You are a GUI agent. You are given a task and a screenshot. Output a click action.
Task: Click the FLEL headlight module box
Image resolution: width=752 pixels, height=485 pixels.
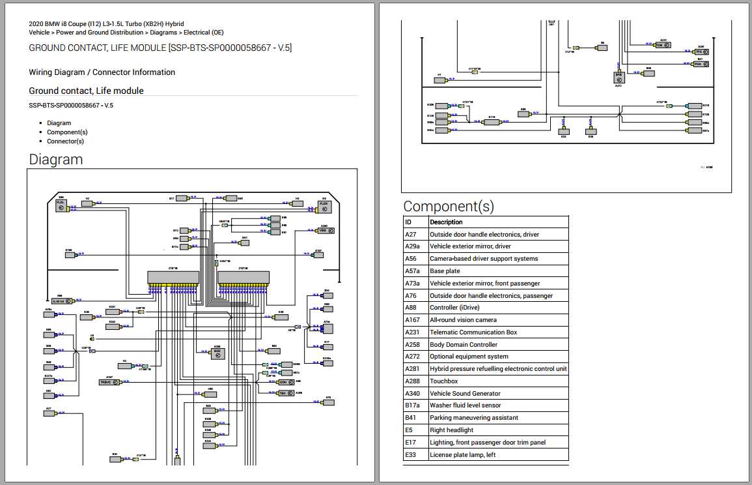coord(62,206)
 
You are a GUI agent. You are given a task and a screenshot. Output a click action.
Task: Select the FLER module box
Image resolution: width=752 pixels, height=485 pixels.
coord(324,206)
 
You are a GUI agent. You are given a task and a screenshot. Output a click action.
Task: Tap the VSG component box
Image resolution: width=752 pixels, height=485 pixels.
coord(324,231)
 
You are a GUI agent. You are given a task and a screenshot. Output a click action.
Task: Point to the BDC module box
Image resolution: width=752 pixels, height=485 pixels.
coord(218,351)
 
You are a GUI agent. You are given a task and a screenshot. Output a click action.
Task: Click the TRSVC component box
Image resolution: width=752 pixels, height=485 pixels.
coord(108,383)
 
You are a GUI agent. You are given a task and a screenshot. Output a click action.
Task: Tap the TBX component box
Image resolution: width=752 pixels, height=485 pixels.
coord(285,393)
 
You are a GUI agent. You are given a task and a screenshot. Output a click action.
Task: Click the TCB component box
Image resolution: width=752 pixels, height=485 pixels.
coord(662,45)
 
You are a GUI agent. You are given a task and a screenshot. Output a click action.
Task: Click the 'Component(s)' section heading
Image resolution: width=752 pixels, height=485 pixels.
coord(448,207)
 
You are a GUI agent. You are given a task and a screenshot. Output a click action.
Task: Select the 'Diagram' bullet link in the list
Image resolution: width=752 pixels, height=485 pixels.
coord(59,123)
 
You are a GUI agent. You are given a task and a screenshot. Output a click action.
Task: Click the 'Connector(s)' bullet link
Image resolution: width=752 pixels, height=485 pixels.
coord(65,141)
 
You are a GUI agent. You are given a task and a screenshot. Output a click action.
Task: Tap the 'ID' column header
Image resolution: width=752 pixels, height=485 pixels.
coord(408,222)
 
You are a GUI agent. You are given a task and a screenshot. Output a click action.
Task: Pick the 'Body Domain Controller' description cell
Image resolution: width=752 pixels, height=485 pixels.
coord(463,345)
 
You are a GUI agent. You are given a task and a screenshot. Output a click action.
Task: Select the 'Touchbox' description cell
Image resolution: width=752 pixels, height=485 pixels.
coord(443,381)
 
